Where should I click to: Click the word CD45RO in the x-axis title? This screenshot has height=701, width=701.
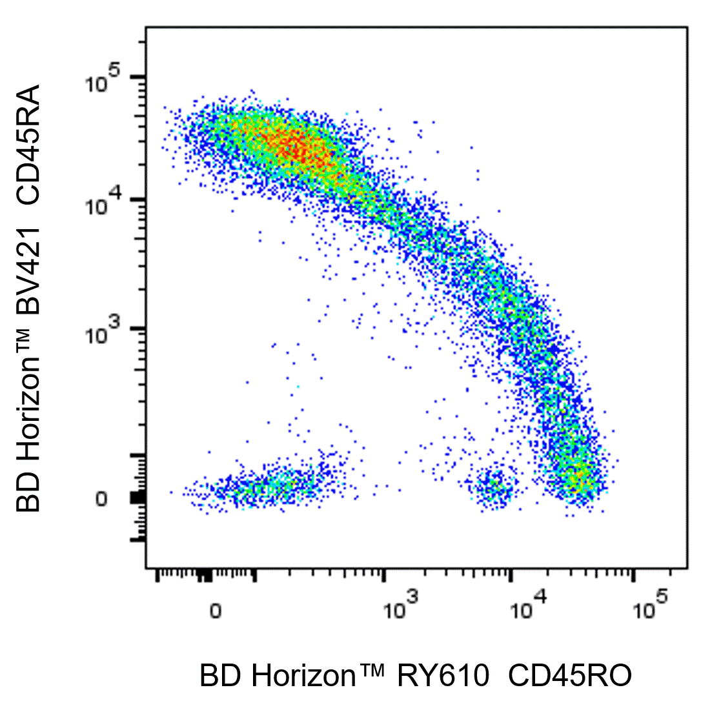click(x=570, y=676)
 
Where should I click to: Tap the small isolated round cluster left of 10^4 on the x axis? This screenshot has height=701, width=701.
click(x=494, y=487)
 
